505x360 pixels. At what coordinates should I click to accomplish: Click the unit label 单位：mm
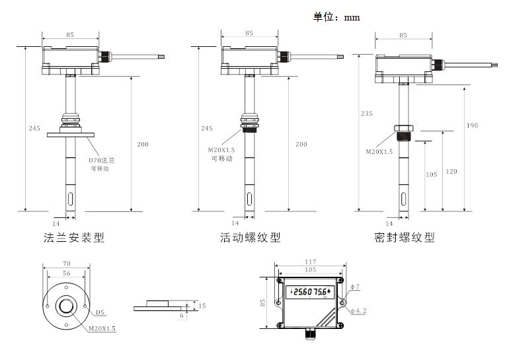point(336,17)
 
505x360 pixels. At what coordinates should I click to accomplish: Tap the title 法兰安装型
point(74,237)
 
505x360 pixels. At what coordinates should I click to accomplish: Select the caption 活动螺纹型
point(251,237)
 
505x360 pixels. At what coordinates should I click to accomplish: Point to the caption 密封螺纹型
point(404,237)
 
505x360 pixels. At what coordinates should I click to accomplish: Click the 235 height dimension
point(366,113)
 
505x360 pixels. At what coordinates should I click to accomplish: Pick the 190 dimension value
point(472,125)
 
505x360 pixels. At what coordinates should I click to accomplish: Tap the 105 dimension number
point(431,174)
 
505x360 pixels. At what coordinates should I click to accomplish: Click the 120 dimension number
point(451,172)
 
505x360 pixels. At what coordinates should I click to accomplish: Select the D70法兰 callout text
point(102,161)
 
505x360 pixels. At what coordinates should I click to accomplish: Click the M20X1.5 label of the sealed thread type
point(379,151)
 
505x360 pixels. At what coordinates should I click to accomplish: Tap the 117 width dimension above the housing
point(310,262)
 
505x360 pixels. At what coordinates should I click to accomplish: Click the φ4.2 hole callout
point(358,310)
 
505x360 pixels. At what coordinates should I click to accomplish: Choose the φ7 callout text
point(355,286)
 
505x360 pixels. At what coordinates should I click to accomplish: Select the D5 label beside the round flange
point(100,312)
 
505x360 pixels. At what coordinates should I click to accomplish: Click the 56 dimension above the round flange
point(66,273)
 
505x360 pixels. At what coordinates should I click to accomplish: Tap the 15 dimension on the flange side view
point(202,306)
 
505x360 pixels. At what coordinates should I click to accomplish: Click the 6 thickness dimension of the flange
point(182,315)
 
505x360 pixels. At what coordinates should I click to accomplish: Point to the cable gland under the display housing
point(311,334)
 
